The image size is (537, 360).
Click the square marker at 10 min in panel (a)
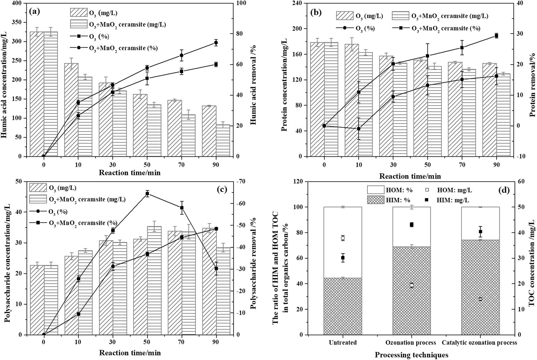78,116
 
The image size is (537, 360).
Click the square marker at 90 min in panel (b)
496,35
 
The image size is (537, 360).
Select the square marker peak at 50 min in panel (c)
147,194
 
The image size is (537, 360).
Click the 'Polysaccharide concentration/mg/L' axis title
7,258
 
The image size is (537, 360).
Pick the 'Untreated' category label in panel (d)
343,342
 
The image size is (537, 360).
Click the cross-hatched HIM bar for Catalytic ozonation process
480,287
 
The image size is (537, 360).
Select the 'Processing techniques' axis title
411,355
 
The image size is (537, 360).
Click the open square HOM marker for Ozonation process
412,285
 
